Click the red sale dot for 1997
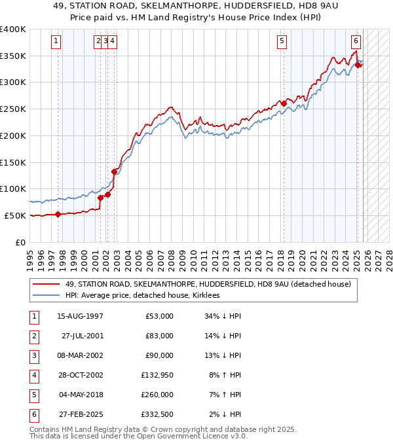click(58, 214)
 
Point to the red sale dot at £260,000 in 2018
click(284, 103)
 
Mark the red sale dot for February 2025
click(358, 64)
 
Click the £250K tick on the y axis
click(13, 109)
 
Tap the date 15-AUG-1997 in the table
click(80, 316)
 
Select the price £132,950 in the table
click(155, 375)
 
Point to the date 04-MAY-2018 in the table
click(80, 395)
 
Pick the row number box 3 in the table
click(33, 355)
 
